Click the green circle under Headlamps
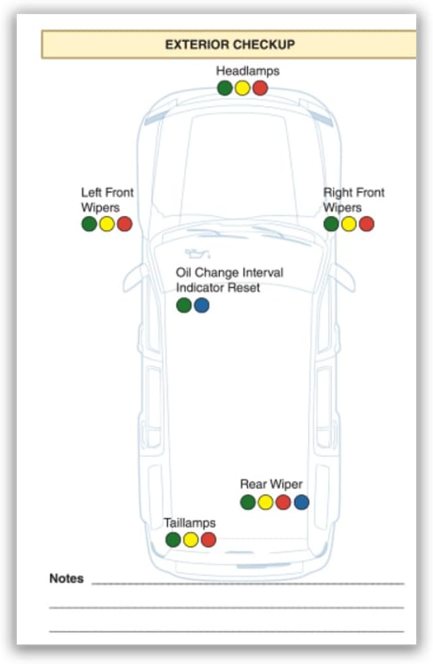tap(225, 88)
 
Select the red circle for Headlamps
tap(260, 88)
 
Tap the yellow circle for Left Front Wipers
tap(107, 223)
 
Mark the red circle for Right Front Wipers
tap(366, 223)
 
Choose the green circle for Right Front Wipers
tap(331, 223)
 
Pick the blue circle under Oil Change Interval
tap(202, 305)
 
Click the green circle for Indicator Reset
tap(183, 305)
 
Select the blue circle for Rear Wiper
tap(301, 502)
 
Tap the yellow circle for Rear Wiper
tap(265, 502)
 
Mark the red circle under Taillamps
tap(208, 540)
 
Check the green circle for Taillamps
tap(173, 540)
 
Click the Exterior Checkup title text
tap(230, 45)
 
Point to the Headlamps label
tap(248, 71)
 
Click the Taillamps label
tap(190, 523)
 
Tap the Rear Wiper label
tap(271, 484)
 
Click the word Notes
tap(67, 578)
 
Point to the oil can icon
tap(197, 253)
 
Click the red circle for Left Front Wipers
tap(125, 223)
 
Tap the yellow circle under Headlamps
tap(243, 88)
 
